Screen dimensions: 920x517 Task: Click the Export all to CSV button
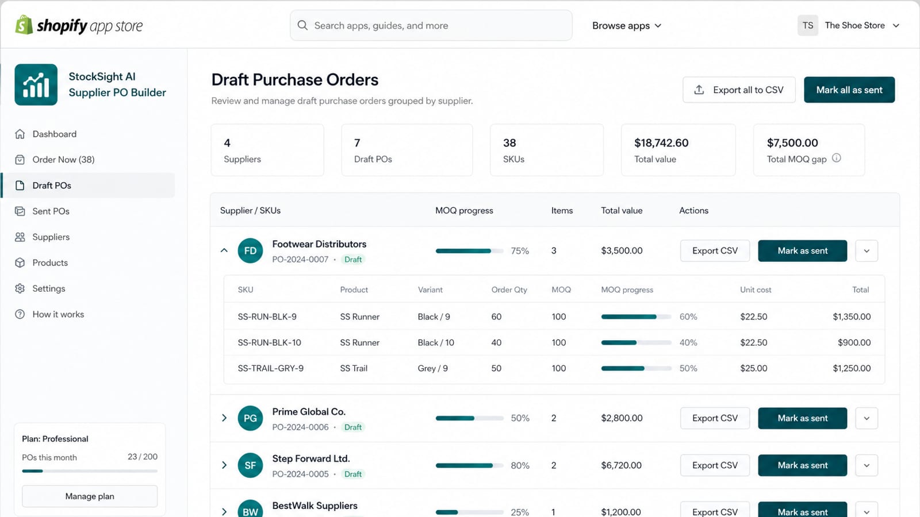click(x=739, y=90)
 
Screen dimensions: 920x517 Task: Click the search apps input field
click(x=431, y=25)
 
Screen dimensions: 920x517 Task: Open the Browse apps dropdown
click(x=627, y=25)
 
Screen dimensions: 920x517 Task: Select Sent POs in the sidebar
click(x=51, y=211)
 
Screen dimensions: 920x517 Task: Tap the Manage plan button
click(x=90, y=496)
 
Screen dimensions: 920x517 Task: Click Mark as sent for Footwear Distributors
click(x=803, y=250)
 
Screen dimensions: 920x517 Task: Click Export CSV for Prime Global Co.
click(x=715, y=418)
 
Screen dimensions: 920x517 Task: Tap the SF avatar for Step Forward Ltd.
click(x=250, y=465)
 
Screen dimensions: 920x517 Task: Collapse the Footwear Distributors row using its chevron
click(x=224, y=250)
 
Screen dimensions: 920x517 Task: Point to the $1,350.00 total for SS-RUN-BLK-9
click(x=852, y=317)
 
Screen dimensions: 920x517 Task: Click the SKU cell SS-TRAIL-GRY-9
click(x=271, y=368)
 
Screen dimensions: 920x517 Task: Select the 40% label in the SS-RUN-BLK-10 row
click(x=688, y=342)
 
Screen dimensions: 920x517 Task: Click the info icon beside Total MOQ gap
click(x=837, y=158)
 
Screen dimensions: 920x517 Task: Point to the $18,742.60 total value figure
click(x=661, y=143)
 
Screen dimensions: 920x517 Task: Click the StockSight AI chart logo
click(x=36, y=84)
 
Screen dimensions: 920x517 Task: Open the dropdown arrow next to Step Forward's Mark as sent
click(x=867, y=465)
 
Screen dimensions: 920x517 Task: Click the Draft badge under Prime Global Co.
click(x=353, y=427)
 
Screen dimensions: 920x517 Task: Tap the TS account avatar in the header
click(x=808, y=25)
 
